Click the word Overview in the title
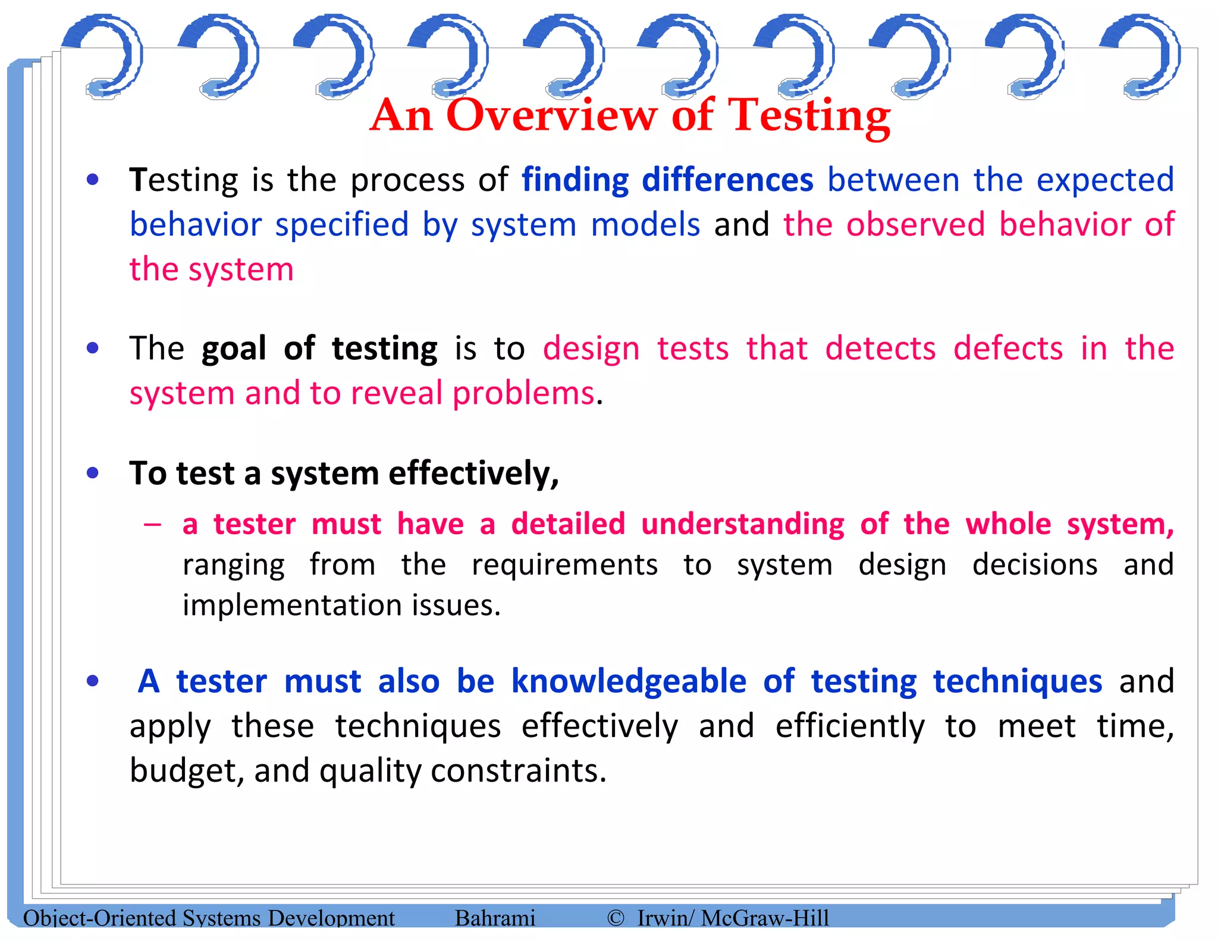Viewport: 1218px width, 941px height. click(551, 115)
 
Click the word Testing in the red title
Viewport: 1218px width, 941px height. click(809, 116)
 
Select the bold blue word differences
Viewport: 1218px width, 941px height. click(727, 180)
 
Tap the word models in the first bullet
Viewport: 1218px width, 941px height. click(645, 225)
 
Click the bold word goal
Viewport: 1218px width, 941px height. click(234, 349)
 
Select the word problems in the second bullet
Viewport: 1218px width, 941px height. click(523, 393)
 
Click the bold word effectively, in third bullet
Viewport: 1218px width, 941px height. click(473, 474)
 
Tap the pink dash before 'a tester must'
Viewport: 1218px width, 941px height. click(152, 525)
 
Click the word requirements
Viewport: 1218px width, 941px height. click(564, 565)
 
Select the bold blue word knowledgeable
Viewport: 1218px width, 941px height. click(629, 681)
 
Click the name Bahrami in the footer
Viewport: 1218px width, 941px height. click(495, 918)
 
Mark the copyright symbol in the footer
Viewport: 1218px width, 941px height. click(616, 918)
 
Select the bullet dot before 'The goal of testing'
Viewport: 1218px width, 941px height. click(93, 348)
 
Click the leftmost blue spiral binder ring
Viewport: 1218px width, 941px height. click(105, 57)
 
